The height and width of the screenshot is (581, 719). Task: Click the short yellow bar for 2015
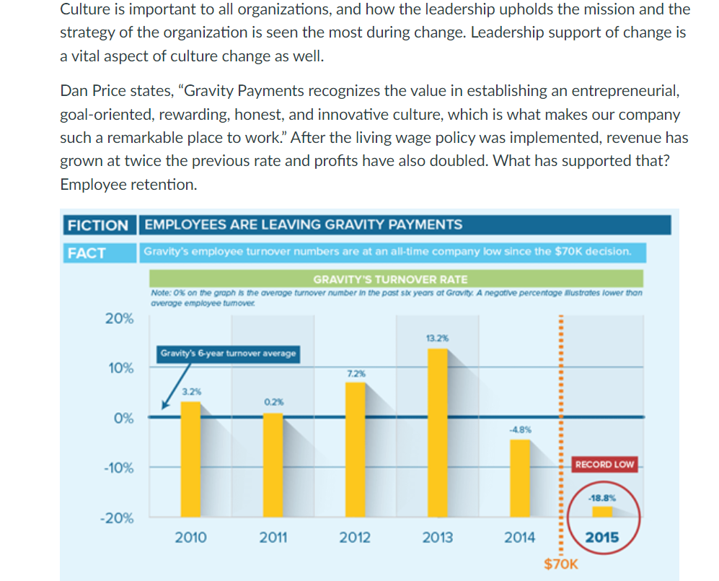pos(602,512)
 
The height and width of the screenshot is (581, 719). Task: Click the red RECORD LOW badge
pos(604,464)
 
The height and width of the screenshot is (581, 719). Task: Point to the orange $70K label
pos(560,564)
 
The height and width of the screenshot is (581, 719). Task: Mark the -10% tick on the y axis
pos(118,468)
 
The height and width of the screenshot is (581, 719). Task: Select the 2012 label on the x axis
pos(355,537)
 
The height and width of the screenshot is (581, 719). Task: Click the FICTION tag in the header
pos(97,224)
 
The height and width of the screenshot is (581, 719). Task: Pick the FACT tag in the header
pos(87,253)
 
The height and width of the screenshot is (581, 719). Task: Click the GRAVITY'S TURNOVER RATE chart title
pos(390,279)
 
